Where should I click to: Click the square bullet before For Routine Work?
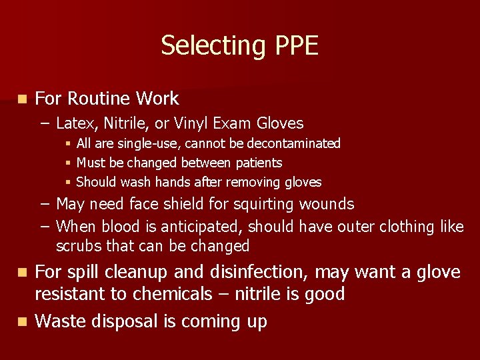point(22,99)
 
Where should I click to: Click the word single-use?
point(153,143)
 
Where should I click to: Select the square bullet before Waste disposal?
point(22,321)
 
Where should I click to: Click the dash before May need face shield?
point(43,203)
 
